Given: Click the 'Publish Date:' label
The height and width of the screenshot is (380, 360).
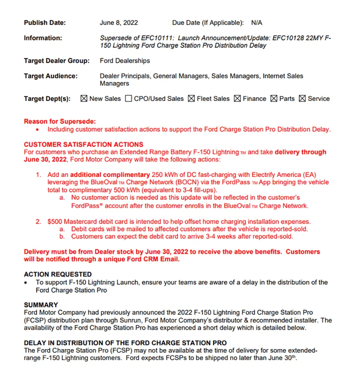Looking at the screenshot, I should click(x=45, y=23).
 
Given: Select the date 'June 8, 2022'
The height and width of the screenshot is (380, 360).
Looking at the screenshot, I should click(x=119, y=23).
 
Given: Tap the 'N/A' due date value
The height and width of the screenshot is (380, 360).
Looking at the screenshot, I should click(x=257, y=23).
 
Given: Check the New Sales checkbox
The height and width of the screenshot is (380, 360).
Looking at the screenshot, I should click(x=84, y=98).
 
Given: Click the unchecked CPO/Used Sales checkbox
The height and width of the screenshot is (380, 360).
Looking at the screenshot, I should click(x=128, y=98).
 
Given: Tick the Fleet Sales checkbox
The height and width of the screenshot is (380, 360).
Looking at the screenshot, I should click(x=191, y=98).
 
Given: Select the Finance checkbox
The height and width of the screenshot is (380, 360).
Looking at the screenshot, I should click(x=237, y=98).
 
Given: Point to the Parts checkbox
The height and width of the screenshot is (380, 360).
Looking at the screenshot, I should click(x=274, y=98).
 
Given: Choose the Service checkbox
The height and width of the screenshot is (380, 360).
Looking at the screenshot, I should click(x=302, y=98).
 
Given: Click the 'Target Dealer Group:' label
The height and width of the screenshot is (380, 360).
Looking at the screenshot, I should click(x=57, y=61).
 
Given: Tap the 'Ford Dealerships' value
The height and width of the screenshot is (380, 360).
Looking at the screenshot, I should click(x=125, y=61).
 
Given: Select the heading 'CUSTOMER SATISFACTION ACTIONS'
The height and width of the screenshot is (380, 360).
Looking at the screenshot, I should click(x=84, y=144).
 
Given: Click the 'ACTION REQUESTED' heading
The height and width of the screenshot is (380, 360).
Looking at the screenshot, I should click(x=58, y=274).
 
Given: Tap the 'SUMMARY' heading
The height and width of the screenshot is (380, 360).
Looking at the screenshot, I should click(x=41, y=305).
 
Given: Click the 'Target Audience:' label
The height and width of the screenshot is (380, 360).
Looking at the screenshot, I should click(x=51, y=76).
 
